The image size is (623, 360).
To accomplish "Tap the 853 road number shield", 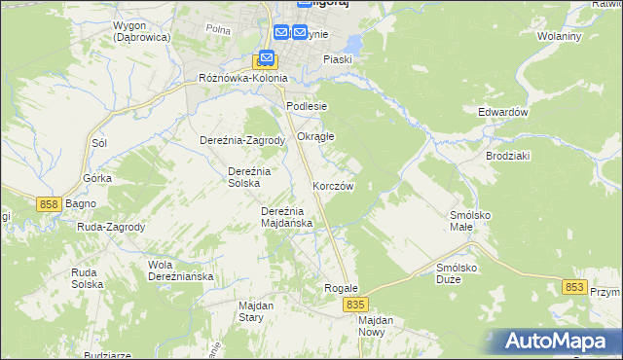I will [575, 287].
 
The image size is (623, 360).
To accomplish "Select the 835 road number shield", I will [355, 305].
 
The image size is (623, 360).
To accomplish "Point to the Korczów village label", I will [333, 185].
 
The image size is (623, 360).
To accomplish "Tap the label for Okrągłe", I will [315, 136].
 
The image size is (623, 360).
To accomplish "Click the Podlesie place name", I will [307, 106].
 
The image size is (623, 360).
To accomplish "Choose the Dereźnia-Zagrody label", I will [242, 140].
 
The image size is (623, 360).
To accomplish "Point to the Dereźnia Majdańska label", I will [286, 217].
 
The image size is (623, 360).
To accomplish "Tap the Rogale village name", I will [342, 289].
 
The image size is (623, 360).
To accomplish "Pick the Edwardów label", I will [502, 112].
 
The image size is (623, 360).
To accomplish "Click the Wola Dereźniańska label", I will [180, 270].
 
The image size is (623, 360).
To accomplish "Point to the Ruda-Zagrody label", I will [112, 227].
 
